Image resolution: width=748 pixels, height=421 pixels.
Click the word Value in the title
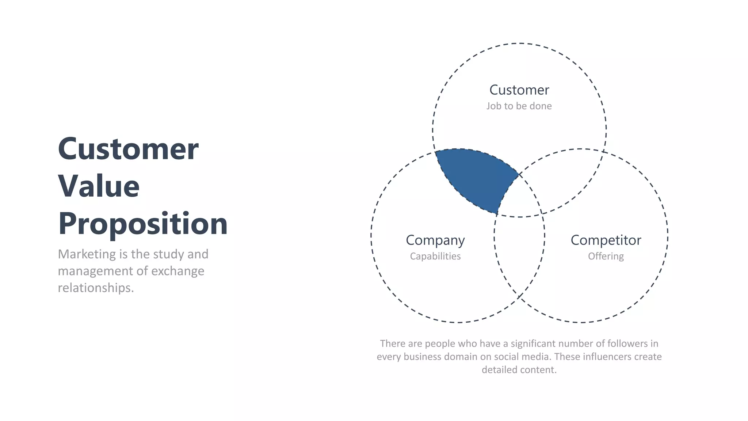[x=99, y=186]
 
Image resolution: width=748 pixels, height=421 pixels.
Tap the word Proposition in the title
[x=143, y=224]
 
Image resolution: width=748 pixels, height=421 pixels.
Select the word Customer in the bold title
[x=128, y=149]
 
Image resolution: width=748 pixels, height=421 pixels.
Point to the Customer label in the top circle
[x=519, y=90]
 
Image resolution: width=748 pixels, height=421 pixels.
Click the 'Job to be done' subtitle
[x=519, y=106]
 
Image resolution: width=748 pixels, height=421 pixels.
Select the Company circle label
[x=435, y=240]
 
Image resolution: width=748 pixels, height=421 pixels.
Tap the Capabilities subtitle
[x=435, y=256]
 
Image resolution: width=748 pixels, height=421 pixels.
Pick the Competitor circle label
[x=606, y=240]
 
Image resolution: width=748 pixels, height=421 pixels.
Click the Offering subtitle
[x=606, y=256]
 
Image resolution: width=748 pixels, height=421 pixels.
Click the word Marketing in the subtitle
[x=87, y=254]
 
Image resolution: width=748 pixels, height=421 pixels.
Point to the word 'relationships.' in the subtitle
[x=96, y=288]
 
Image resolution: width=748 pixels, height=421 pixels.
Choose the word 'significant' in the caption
[x=533, y=344]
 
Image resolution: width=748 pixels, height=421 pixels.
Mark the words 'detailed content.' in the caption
[x=519, y=370]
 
